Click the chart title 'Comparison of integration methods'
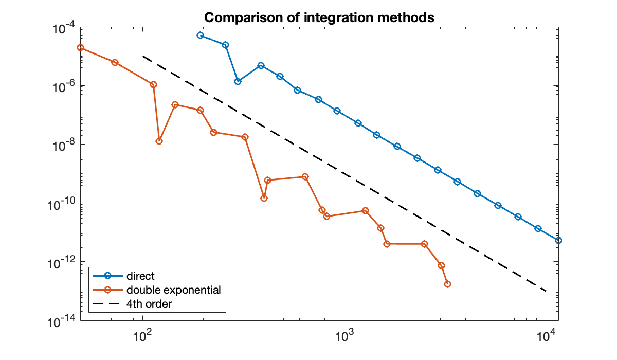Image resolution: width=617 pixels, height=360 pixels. [x=319, y=17]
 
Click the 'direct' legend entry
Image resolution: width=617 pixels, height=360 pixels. [x=140, y=276]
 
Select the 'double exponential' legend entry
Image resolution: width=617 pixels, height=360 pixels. [x=173, y=290]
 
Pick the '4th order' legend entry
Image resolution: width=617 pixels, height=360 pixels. [x=149, y=304]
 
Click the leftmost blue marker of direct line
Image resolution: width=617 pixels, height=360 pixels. [x=200, y=35]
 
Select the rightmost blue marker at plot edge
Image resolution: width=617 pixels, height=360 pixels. [x=558, y=240]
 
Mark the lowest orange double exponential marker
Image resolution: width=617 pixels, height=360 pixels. [x=447, y=284]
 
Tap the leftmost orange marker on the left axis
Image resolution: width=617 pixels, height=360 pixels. [x=80, y=47]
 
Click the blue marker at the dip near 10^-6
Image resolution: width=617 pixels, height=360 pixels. [x=238, y=81]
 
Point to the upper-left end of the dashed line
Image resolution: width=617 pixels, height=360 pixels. [x=143, y=56]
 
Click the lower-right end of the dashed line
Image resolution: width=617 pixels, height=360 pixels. [x=546, y=291]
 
